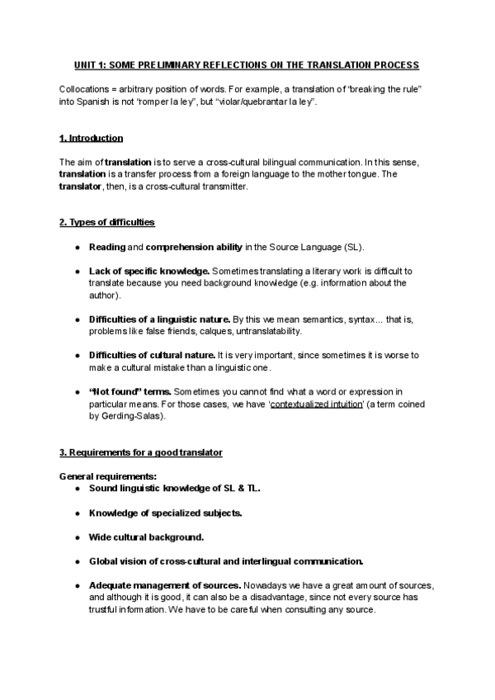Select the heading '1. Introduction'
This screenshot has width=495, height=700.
point(92,138)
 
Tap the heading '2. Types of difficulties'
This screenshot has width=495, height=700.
point(106,223)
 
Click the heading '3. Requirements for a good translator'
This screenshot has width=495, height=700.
point(140,452)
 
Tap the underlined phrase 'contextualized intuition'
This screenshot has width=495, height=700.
point(313,404)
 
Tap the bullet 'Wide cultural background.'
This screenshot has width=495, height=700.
point(146,537)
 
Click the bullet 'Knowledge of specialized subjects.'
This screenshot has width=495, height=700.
point(165,513)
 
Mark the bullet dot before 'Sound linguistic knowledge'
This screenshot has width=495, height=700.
point(77,489)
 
